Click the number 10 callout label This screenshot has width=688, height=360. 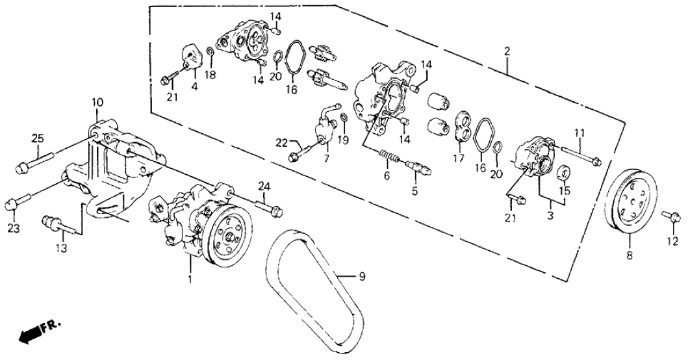click(x=97, y=102)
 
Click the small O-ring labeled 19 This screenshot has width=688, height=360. click(x=343, y=117)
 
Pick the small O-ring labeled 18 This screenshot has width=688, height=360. click(x=210, y=51)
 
